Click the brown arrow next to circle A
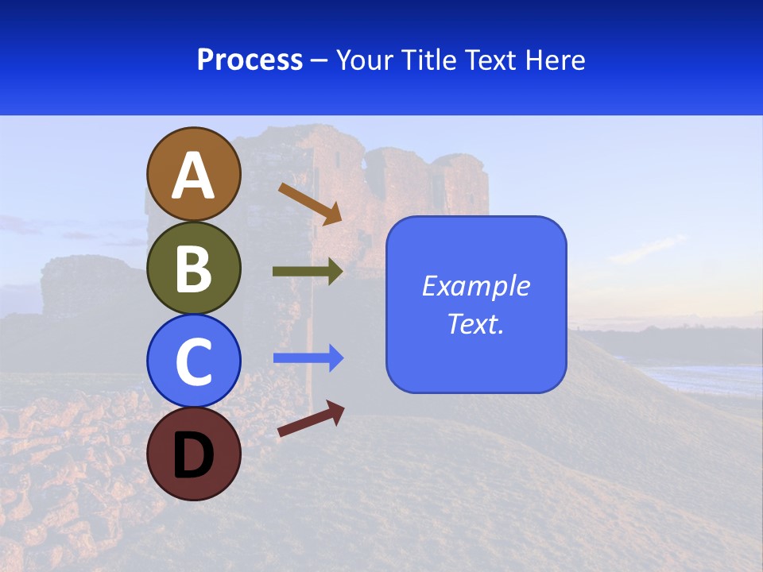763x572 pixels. tap(309, 203)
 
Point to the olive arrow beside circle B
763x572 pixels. tap(307, 272)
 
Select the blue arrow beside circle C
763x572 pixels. tap(308, 358)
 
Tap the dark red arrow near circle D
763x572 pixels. tap(311, 419)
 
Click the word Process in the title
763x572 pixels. tap(250, 60)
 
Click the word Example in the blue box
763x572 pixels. tap(476, 286)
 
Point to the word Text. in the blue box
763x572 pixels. tap(476, 323)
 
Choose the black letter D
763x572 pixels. tap(193, 455)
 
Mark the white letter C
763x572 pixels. tap(193, 362)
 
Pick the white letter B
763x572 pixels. tap(193, 269)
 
